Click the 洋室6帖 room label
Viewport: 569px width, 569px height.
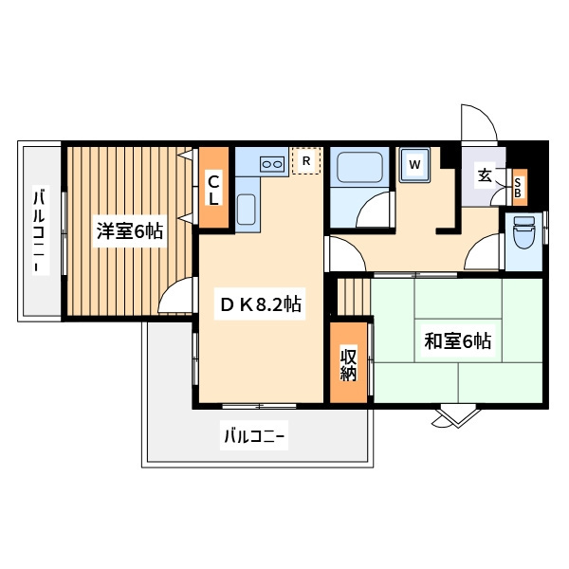[130, 231]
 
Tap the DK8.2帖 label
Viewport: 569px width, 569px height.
[260, 304]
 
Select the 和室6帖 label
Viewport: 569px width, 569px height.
[458, 340]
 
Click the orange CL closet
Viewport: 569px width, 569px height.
[213, 187]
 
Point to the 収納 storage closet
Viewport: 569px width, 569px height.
[348, 362]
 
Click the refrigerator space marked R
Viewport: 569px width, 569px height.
[306, 161]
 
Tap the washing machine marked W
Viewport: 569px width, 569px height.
[414, 165]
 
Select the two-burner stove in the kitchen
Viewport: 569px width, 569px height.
[272, 164]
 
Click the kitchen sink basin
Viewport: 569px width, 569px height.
[247, 210]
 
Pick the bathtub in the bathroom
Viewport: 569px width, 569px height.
[359, 167]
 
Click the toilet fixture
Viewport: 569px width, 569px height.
[523, 232]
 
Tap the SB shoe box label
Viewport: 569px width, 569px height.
[518, 188]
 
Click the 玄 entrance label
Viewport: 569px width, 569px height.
[485, 175]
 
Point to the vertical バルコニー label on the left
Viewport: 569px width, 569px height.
[40, 230]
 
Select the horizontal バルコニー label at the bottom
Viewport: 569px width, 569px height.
[253, 435]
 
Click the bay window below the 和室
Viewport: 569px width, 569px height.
[457, 416]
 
